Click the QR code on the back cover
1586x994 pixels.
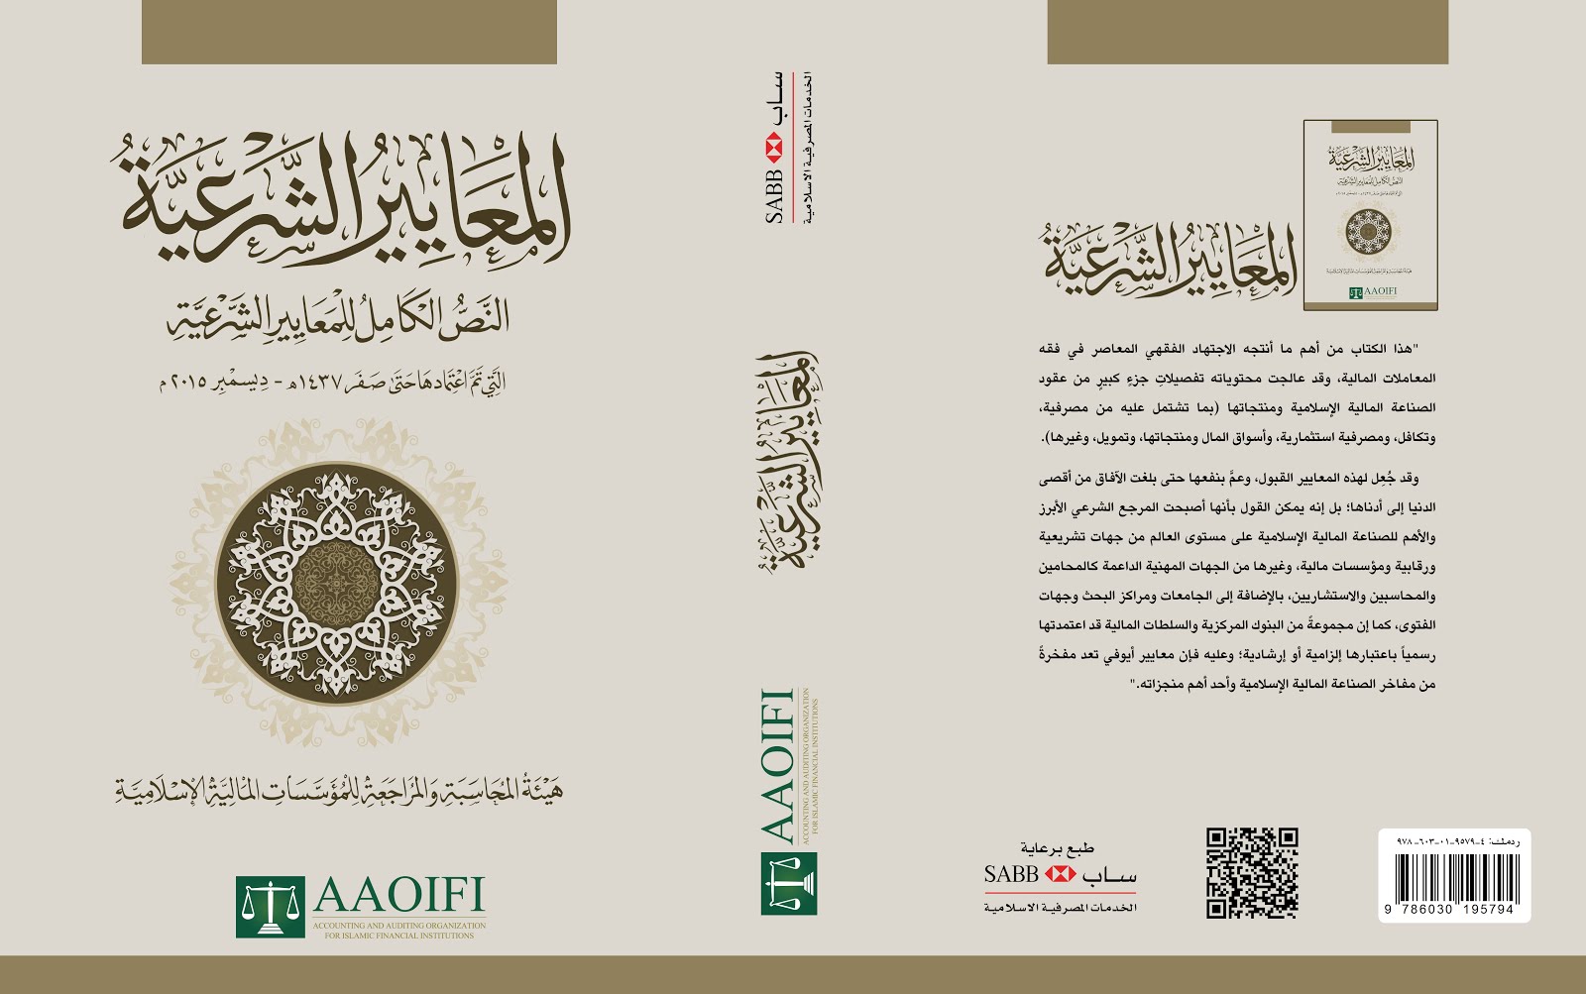pyautogui.click(x=1252, y=873)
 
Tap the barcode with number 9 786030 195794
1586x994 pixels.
pyautogui.click(x=1454, y=878)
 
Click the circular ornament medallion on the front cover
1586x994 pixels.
pyautogui.click(x=337, y=580)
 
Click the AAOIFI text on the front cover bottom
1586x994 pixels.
pyautogui.click(x=398, y=896)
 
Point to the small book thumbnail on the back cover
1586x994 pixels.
pyautogui.click(x=1370, y=214)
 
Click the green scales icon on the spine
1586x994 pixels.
pyautogui.click(x=789, y=883)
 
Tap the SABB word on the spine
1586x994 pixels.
pyautogui.click(x=774, y=195)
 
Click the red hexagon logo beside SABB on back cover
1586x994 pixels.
pyautogui.click(x=1060, y=874)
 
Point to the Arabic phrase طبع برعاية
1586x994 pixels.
pyautogui.click(x=1058, y=848)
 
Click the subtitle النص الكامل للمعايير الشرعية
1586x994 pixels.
pyautogui.click(x=338, y=315)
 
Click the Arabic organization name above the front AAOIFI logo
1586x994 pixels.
pyautogui.click(x=338, y=790)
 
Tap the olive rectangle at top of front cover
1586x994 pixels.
pyautogui.click(x=349, y=32)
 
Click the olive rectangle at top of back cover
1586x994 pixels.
pyautogui.click(x=1247, y=32)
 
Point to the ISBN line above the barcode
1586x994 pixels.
pyautogui.click(x=1454, y=840)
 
